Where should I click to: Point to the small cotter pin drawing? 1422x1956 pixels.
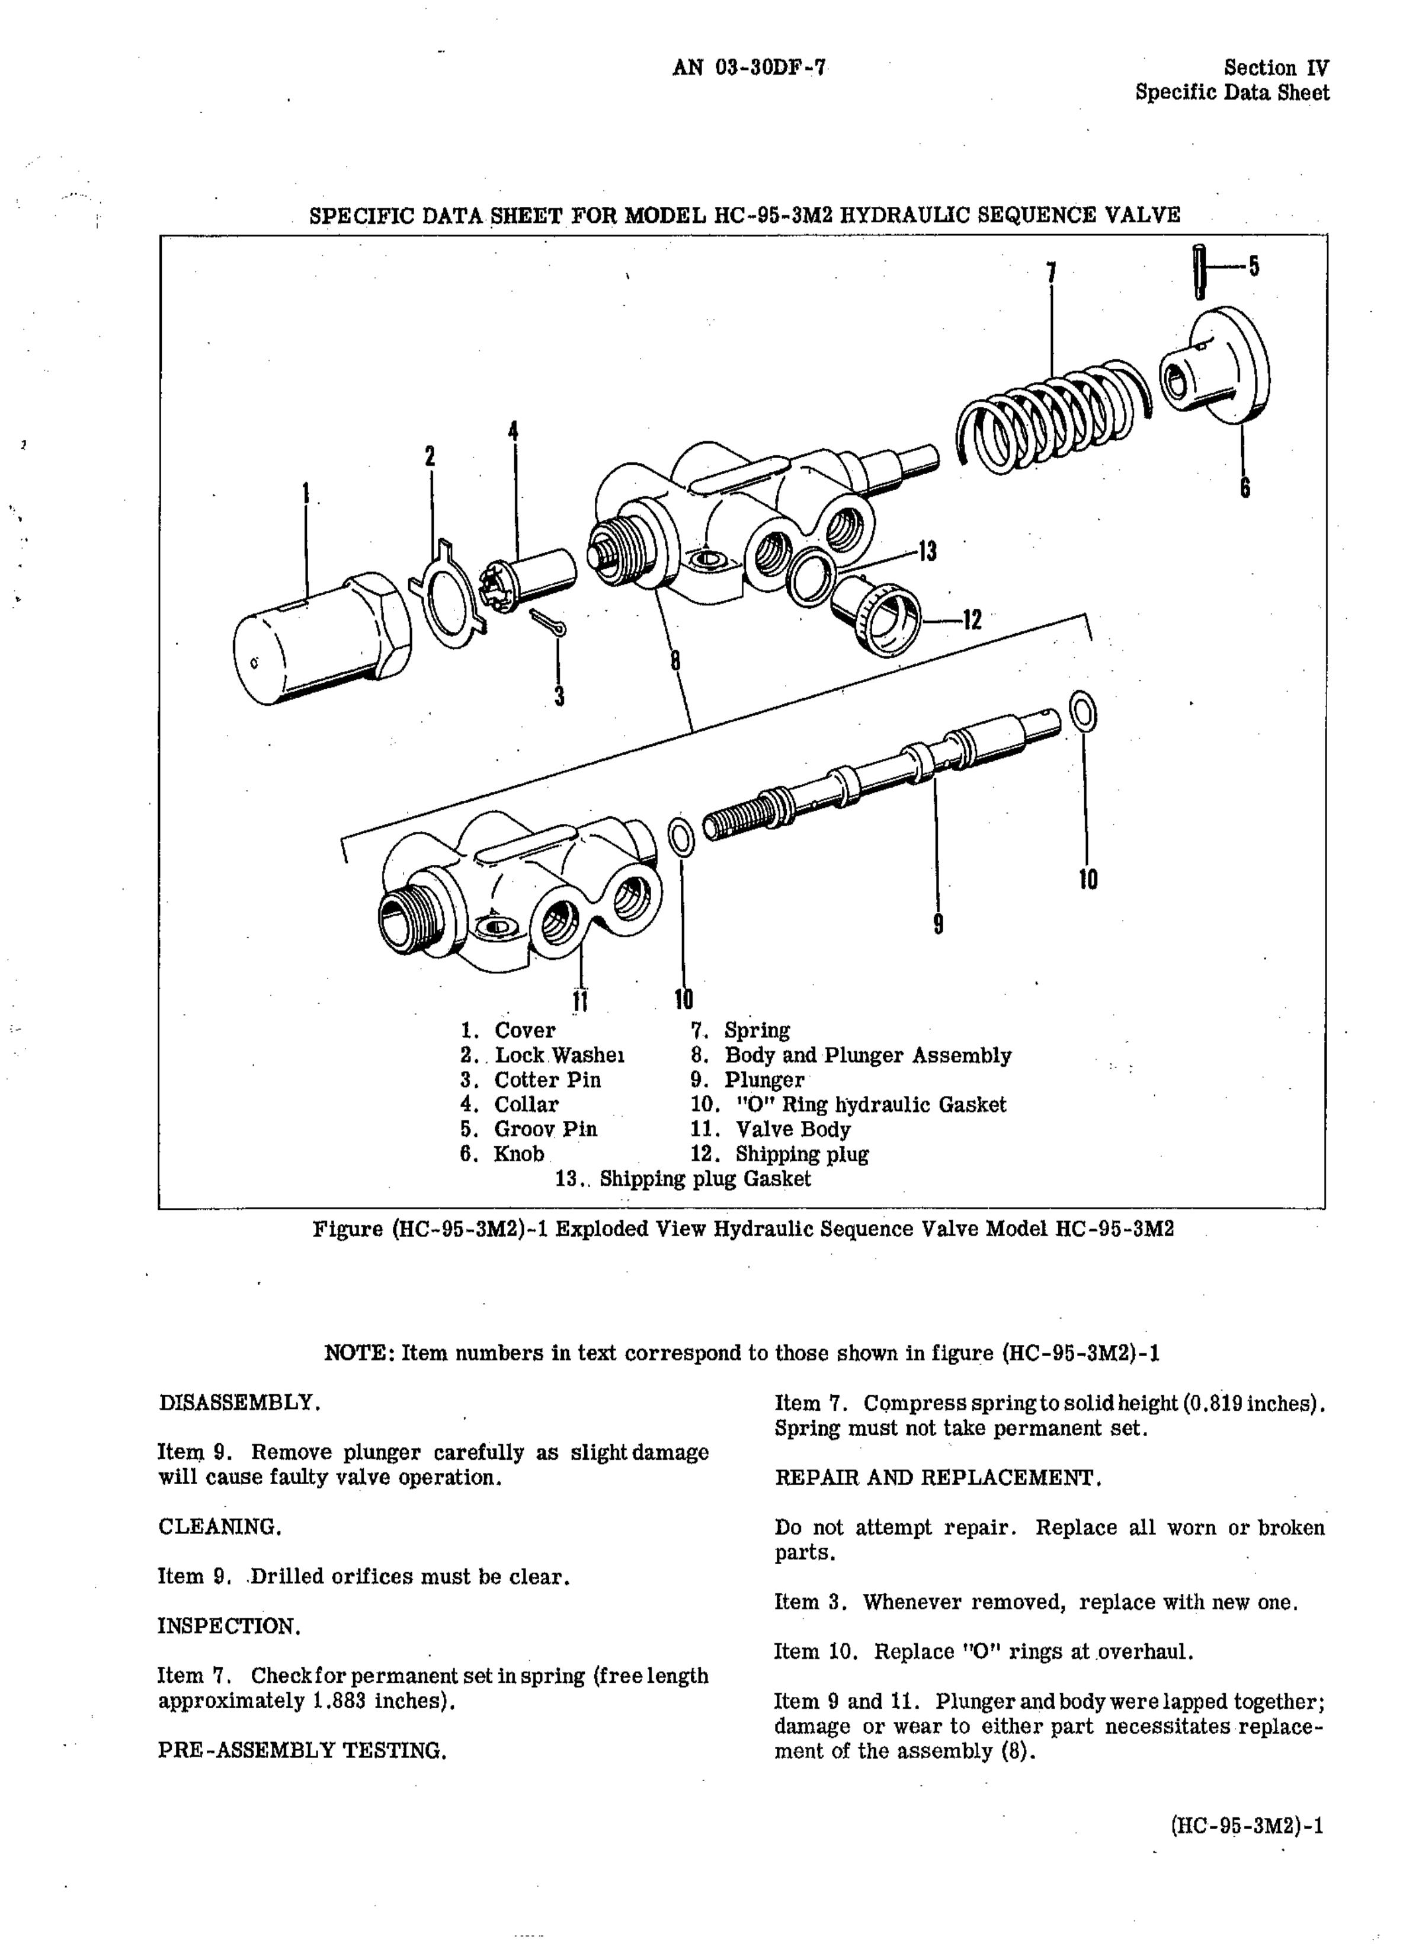click(547, 623)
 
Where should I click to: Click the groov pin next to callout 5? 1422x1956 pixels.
click(1199, 271)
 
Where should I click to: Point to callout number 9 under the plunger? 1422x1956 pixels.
click(939, 923)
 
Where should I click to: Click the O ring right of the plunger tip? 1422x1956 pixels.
click(1082, 712)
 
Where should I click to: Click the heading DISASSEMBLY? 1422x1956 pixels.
click(240, 1402)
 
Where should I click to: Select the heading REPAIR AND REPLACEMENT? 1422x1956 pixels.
click(939, 1477)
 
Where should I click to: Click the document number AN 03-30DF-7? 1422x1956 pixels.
click(748, 67)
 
